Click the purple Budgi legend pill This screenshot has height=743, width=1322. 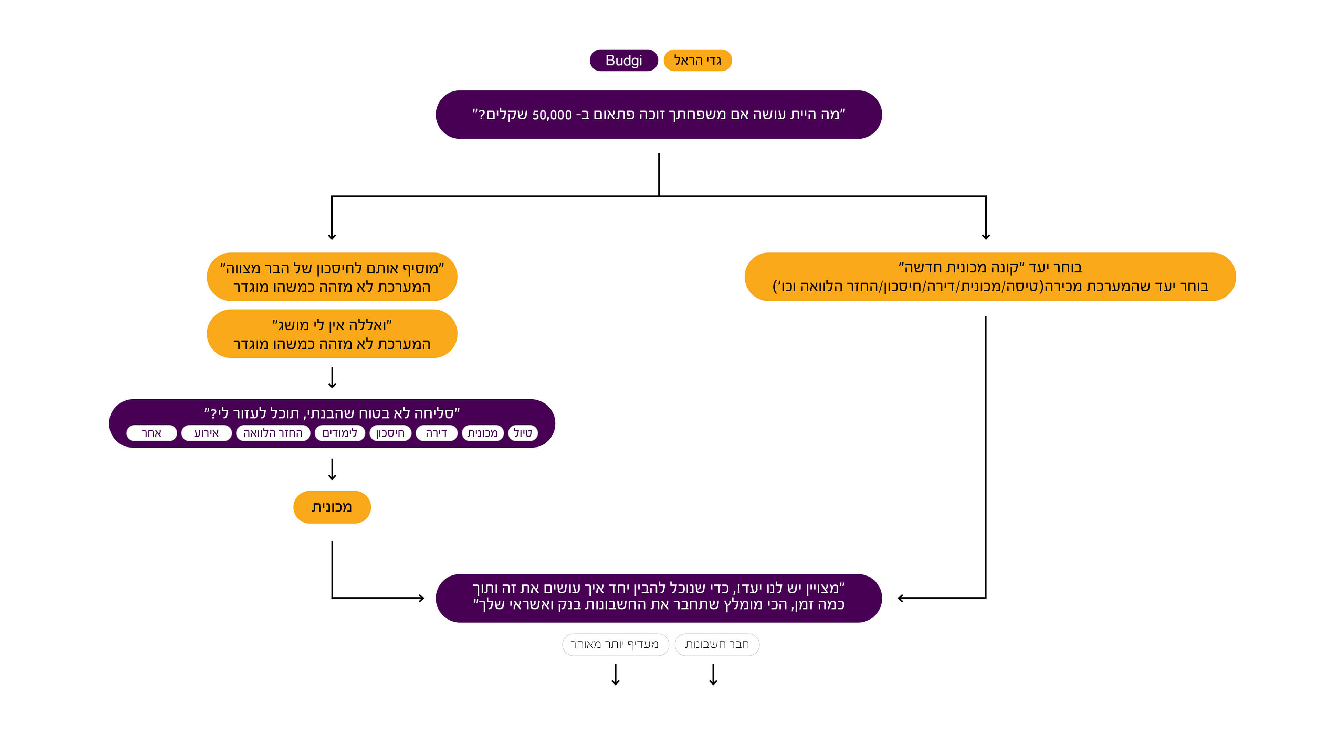(623, 61)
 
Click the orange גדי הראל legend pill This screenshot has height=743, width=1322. (697, 61)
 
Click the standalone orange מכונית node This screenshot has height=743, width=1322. (332, 507)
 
